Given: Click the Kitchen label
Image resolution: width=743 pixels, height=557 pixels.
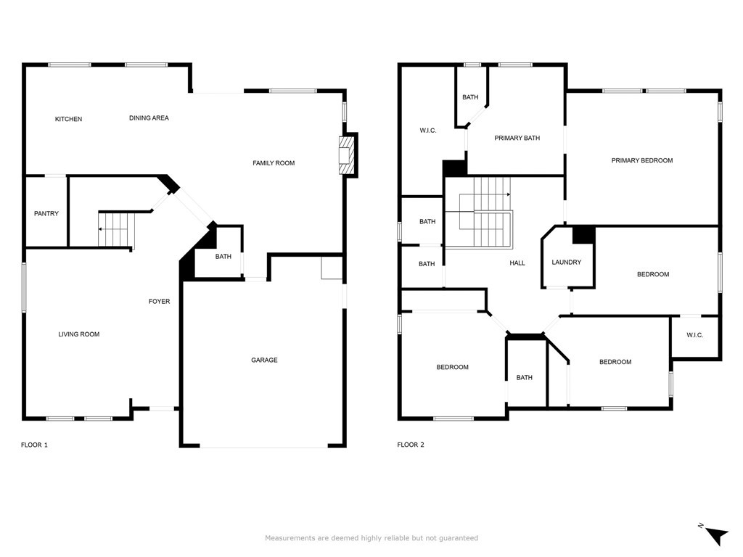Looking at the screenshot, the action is coord(68,119).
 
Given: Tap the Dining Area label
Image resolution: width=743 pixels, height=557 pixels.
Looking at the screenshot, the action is coord(149,118).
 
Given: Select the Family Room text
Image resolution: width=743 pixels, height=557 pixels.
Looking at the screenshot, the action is coord(274,163).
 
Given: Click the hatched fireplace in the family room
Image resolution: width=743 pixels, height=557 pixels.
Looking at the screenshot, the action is coord(346,156).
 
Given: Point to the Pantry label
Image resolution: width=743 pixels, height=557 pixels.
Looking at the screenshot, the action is coord(46,214).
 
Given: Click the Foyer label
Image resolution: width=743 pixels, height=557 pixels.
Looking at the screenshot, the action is coord(159,301).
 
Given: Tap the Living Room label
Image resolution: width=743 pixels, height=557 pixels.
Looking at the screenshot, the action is coord(78,334).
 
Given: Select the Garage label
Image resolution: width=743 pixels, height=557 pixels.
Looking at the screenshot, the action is coord(264,360).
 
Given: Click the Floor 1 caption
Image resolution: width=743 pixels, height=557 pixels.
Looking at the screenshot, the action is coord(34,445).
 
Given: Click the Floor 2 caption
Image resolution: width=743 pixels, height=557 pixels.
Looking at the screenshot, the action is coord(411,445).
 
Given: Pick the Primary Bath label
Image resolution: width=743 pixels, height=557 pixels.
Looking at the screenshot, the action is coord(517,139).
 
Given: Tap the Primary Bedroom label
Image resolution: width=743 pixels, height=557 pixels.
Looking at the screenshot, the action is coord(642,160).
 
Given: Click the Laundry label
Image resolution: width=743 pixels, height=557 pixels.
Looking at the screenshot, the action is coord(566,263).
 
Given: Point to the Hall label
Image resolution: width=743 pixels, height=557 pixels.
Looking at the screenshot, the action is coord(517,263).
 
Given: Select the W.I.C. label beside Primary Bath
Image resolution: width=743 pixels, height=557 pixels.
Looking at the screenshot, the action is coord(428,131).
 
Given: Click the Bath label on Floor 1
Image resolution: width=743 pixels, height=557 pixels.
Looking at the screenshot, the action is coord(223,257).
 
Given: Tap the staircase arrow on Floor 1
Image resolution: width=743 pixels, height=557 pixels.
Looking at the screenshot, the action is coord(112,229).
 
